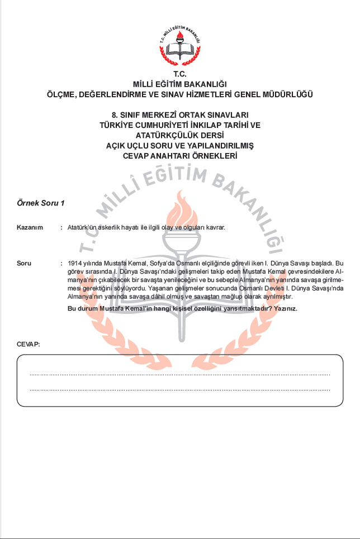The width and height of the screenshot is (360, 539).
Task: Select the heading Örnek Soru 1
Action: point(40,203)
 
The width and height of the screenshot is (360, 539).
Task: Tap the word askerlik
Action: point(111,228)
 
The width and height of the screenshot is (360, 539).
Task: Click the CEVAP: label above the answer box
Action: point(29,344)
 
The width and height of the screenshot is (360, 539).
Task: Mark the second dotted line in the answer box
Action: point(179,390)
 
